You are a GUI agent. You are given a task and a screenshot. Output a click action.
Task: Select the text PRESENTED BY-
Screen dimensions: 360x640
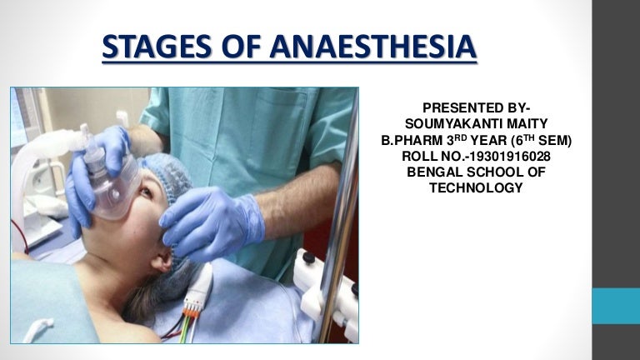476,107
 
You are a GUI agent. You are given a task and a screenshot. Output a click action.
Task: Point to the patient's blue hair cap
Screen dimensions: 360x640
171,175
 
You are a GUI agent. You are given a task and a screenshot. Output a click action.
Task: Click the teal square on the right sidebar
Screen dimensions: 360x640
615,306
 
